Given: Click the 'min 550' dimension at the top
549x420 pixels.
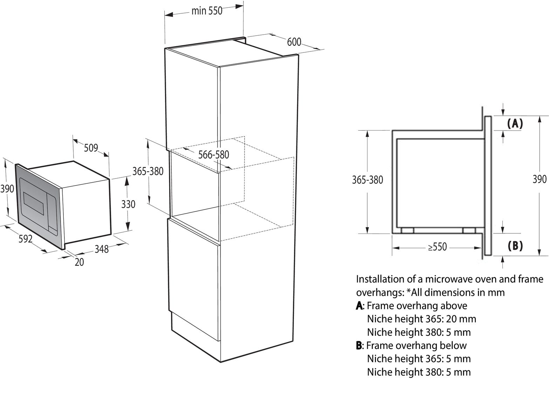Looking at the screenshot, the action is tap(207, 11).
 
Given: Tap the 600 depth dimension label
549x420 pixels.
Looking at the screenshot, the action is tap(294, 42).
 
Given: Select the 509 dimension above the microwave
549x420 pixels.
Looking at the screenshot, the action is tap(91, 148).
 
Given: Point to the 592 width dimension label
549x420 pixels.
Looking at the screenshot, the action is tap(26, 238).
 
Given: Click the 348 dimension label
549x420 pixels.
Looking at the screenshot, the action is tap(102, 249).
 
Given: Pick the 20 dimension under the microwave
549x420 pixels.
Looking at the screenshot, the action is tap(79, 262).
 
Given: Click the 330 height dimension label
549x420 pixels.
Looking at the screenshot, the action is tap(128, 204).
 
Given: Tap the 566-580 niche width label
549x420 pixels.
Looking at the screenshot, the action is tap(213, 155).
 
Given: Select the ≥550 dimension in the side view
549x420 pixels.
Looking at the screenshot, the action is tap(438, 247).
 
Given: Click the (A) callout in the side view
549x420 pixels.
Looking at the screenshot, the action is tap(515, 124).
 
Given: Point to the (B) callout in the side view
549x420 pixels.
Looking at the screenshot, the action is tap(515, 246).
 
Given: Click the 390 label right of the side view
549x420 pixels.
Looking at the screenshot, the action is tap(540, 179).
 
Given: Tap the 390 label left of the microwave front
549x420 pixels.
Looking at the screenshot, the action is tap(7, 189).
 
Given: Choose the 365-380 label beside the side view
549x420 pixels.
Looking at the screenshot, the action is tap(368, 180).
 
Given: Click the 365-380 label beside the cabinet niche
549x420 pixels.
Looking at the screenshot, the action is tap(148, 171).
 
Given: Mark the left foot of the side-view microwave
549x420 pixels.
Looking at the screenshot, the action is tap(407, 230).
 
